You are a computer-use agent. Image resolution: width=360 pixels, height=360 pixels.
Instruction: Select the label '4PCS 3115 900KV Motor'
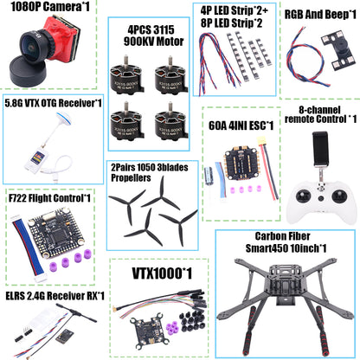tap(149, 32)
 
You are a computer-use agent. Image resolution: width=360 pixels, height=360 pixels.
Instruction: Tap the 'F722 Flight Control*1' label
tap(48, 197)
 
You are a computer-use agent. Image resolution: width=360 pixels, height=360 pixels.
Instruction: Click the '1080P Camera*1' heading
tap(48, 8)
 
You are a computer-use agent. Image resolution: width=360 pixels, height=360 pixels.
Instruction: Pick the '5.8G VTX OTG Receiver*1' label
tap(52, 102)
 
